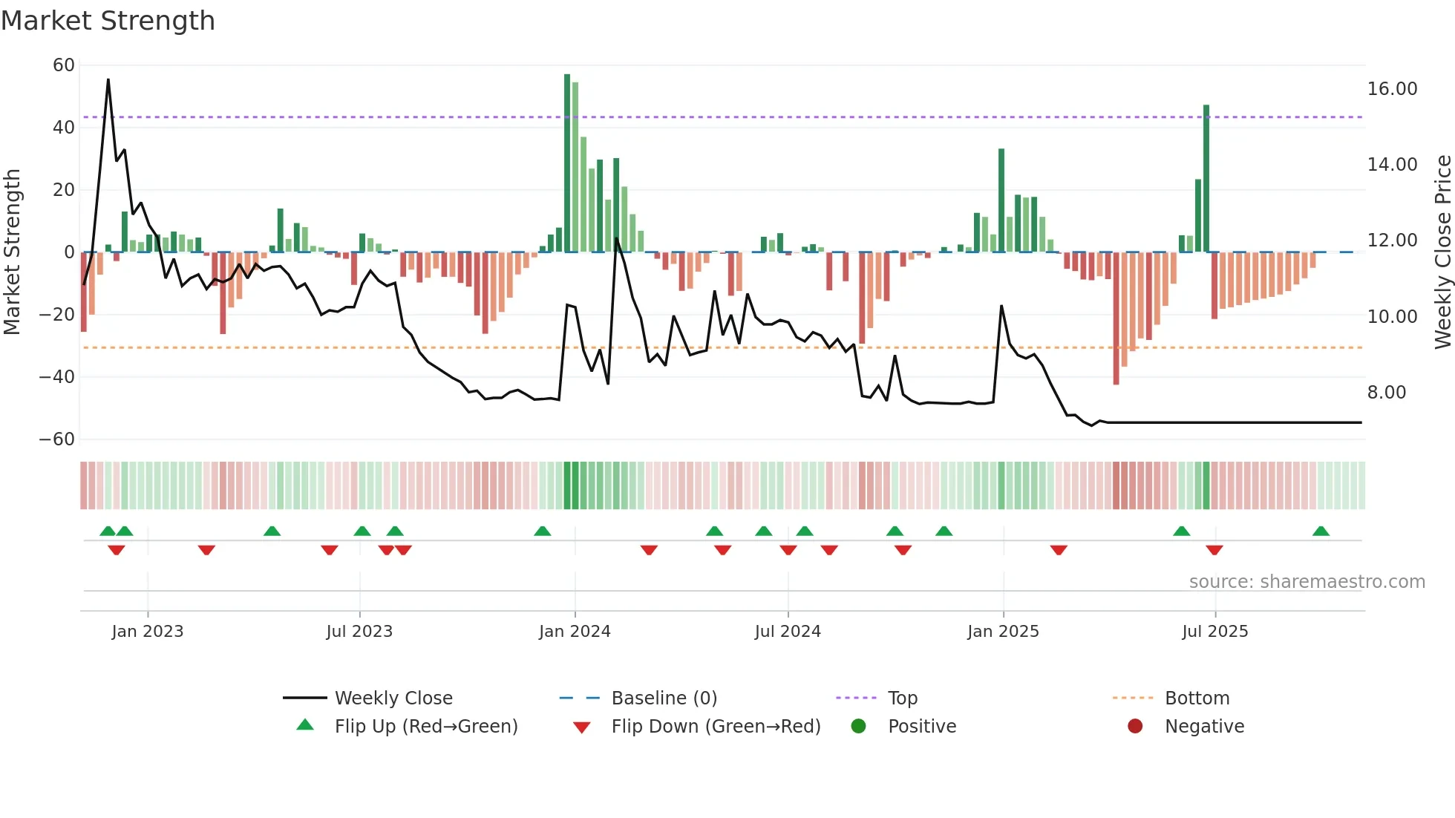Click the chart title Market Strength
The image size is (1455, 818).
[108, 21]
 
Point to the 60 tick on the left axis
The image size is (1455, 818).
[64, 65]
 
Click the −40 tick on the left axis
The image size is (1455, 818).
[57, 377]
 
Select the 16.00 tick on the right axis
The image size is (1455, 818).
[1392, 89]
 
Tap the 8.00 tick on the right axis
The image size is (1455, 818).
[1386, 393]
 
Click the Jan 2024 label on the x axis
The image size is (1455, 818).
[575, 632]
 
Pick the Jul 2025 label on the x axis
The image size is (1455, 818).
[1214, 632]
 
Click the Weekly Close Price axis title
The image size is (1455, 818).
[1442, 252]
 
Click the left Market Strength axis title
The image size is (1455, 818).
[13, 252]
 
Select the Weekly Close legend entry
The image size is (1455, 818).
[393, 698]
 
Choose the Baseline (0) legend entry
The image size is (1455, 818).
[664, 698]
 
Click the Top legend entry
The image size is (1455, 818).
[902, 698]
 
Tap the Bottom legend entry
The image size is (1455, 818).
[1197, 698]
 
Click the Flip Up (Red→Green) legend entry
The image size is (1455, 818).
[425, 727]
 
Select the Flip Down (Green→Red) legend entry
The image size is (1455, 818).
[716, 727]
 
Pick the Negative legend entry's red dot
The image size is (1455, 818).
[1135, 726]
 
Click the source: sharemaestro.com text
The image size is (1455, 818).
[1307, 582]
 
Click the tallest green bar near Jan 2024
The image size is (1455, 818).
[567, 163]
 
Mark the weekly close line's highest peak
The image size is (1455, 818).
[108, 80]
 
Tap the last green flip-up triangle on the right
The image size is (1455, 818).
[1321, 531]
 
